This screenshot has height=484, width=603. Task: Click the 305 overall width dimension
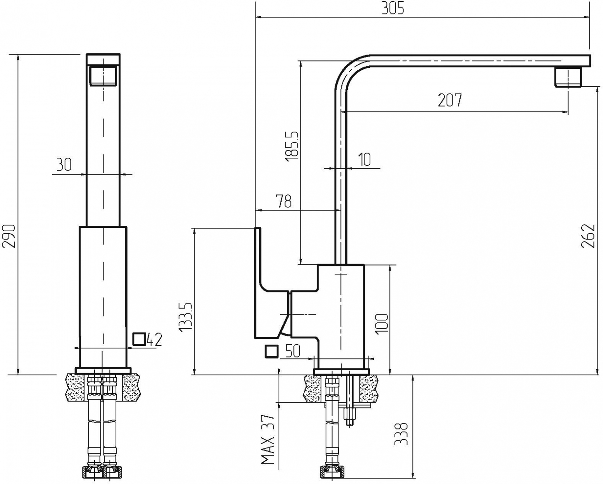[x=393, y=9]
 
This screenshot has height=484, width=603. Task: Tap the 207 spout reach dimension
[x=449, y=100]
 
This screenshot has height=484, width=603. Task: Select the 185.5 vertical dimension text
[x=292, y=146]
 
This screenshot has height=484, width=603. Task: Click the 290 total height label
[x=9, y=236]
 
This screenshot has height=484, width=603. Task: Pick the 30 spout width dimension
[x=64, y=165]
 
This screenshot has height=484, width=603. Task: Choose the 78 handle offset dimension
[x=284, y=201]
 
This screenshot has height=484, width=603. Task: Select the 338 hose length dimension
[x=400, y=433]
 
